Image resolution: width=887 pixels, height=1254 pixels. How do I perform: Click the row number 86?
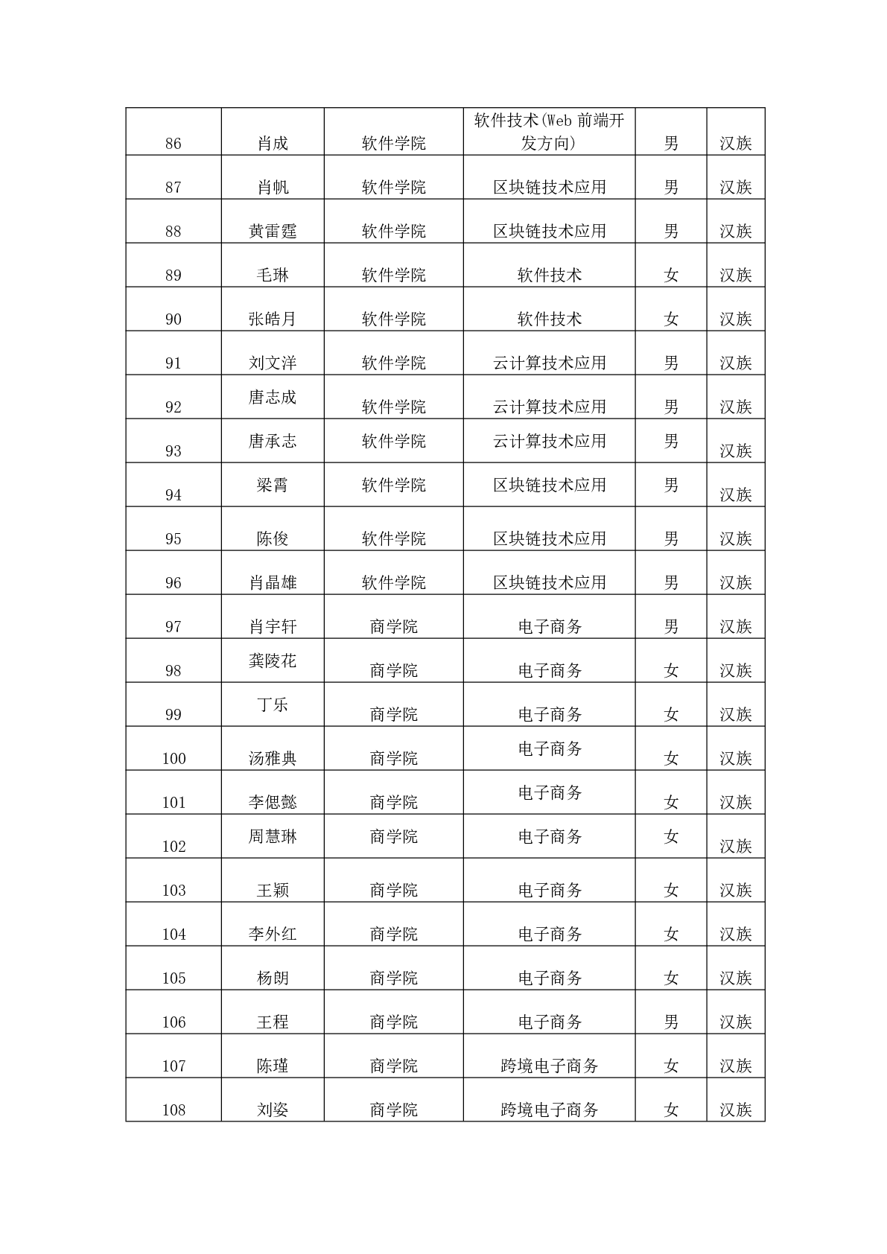point(174,144)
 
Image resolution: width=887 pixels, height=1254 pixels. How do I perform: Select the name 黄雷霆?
point(273,232)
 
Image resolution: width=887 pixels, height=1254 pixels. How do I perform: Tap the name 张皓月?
point(273,319)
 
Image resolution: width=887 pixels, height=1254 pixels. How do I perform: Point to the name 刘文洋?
point(273,363)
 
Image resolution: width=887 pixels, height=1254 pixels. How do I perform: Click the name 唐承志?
point(273,442)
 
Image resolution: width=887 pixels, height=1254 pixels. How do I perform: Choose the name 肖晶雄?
point(273,583)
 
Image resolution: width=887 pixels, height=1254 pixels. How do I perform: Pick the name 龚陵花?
point(273,661)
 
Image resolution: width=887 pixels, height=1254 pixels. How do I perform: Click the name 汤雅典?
point(273,759)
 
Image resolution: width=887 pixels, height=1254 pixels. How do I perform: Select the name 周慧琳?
point(273,837)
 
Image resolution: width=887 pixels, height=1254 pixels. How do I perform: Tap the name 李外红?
point(273,935)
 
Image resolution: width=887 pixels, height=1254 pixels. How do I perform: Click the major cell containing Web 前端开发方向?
point(549,132)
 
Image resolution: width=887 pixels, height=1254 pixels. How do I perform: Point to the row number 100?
point(174,759)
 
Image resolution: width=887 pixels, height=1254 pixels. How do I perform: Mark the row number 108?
point(174,1110)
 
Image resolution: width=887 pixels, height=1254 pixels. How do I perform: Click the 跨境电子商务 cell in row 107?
point(549,1066)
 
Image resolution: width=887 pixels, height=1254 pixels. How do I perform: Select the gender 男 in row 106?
point(671,1022)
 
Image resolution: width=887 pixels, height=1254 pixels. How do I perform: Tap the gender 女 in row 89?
point(671,276)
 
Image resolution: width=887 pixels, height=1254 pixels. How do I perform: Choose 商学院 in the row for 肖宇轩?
point(393,627)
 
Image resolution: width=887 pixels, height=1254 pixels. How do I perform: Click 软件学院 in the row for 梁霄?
point(393,486)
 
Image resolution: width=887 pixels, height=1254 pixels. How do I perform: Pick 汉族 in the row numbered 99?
point(736,715)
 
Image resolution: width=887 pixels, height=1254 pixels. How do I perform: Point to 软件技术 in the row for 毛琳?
point(549,276)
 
